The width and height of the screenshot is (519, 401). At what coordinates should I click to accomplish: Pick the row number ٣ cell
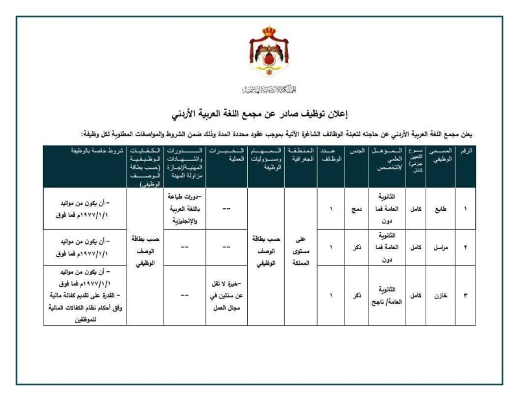(465, 295)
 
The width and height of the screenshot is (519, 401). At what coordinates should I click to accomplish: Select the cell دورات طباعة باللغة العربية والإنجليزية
(183, 210)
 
